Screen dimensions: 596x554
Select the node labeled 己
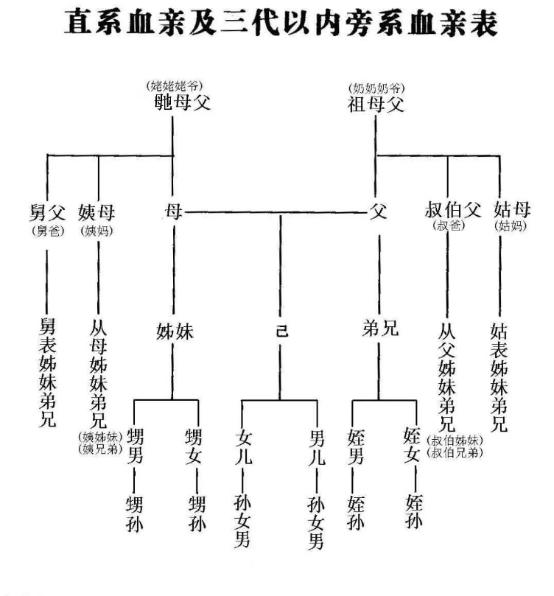click(281, 330)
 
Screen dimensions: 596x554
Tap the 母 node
click(174, 213)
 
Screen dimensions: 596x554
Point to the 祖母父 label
click(376, 103)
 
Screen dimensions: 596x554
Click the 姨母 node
click(98, 213)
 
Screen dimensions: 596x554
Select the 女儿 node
click(244, 447)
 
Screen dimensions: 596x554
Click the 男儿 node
click(317, 447)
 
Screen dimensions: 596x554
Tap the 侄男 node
click(355, 447)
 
